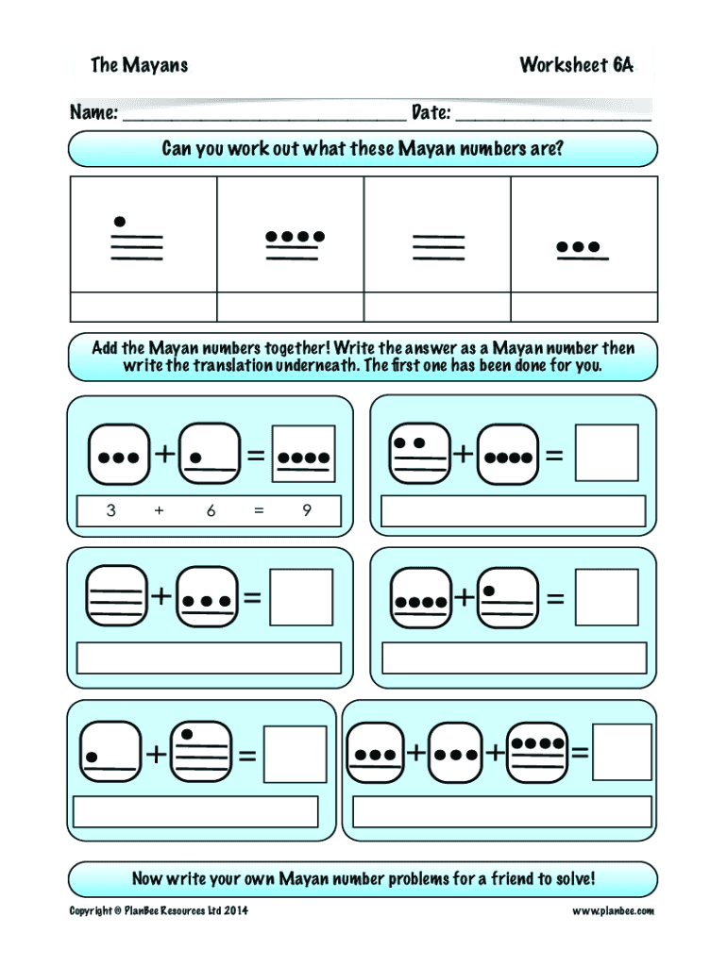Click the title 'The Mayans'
pos(139,65)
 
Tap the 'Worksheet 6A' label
pos(576,65)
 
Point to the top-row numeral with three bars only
pos(438,247)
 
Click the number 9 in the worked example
pos(307,510)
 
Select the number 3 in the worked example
pos(111,510)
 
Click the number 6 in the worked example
pos(211,510)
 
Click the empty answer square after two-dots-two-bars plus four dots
pos(606,453)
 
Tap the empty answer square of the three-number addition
pos(621,752)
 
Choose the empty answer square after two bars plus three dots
pos(301,597)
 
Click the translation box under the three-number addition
pos(501,811)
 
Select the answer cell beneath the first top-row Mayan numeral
pos(144,308)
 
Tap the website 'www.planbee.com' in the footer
pos(613,910)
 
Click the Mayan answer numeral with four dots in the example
pos(303,456)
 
